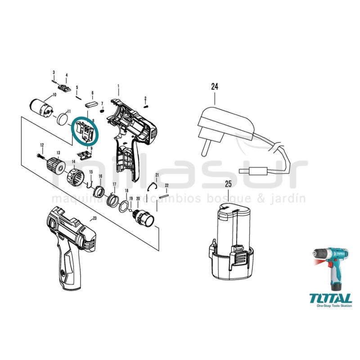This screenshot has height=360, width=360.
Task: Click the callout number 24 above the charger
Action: pyautogui.click(x=214, y=85)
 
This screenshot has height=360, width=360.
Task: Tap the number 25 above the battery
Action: pyautogui.click(x=229, y=184)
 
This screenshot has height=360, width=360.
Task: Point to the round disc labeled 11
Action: pyautogui.click(x=63, y=120)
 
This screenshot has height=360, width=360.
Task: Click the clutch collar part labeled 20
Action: pyautogui.click(x=144, y=217)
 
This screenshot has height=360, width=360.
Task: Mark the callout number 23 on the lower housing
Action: pyautogui.click(x=94, y=219)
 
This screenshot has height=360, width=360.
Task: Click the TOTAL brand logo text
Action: pyautogui.click(x=330, y=298)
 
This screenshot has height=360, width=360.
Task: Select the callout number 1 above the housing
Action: pyautogui.click(x=118, y=85)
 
